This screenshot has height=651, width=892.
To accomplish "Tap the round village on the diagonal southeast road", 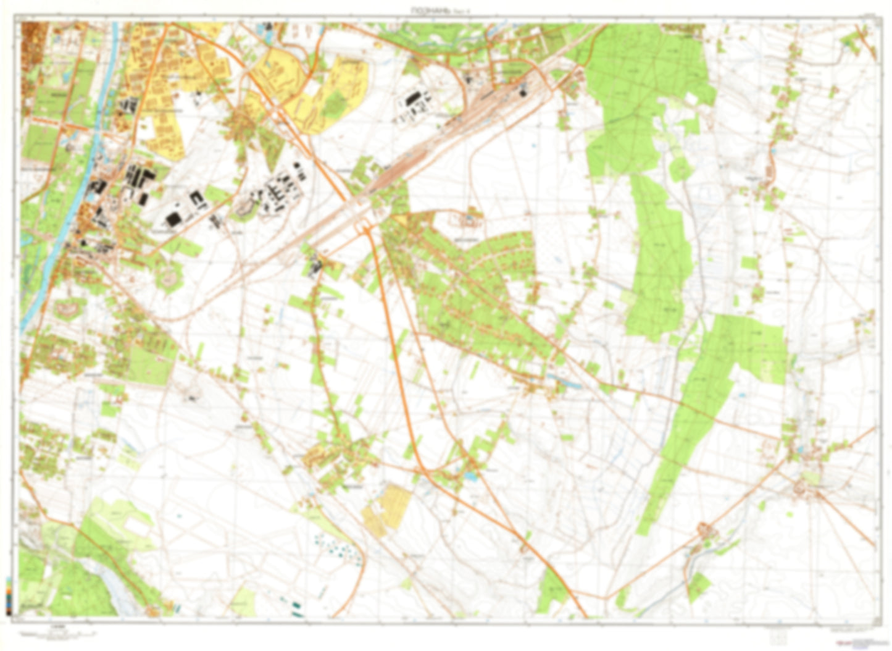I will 704,529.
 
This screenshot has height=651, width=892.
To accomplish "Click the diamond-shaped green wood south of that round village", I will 699,586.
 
